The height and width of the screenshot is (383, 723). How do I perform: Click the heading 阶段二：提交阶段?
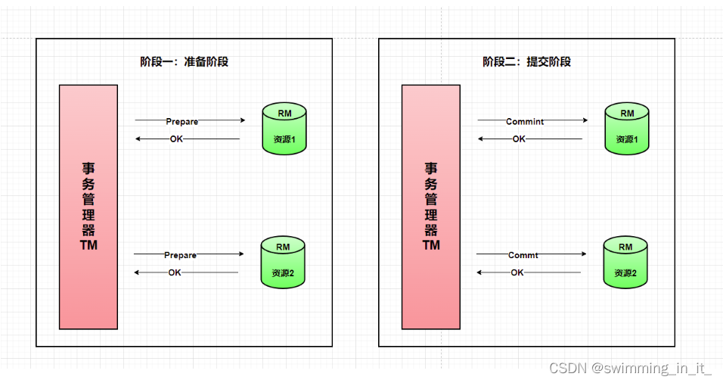tap(526, 62)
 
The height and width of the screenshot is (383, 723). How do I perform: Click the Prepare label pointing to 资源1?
tap(182, 121)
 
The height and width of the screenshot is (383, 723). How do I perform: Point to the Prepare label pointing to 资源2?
tap(181, 255)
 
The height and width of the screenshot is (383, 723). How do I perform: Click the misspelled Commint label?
tap(525, 121)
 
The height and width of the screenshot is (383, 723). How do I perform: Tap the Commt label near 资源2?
tap(523, 255)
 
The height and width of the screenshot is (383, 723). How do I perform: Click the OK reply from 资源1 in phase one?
tap(176, 139)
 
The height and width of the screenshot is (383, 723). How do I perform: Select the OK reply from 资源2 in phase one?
tap(175, 272)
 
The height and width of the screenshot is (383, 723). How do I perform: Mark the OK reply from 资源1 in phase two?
tap(519, 139)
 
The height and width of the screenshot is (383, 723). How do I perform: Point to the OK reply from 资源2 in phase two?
tap(517, 272)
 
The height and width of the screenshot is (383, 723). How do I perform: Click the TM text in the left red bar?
tap(88, 245)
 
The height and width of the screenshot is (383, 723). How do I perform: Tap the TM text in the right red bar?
tap(431, 245)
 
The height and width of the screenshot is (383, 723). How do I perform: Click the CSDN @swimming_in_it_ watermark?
tap(630, 369)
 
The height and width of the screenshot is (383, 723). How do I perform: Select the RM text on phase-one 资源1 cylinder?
tap(284, 114)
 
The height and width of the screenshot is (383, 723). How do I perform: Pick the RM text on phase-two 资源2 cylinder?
tap(625, 247)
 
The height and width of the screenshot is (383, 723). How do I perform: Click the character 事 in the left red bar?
tap(88, 169)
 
